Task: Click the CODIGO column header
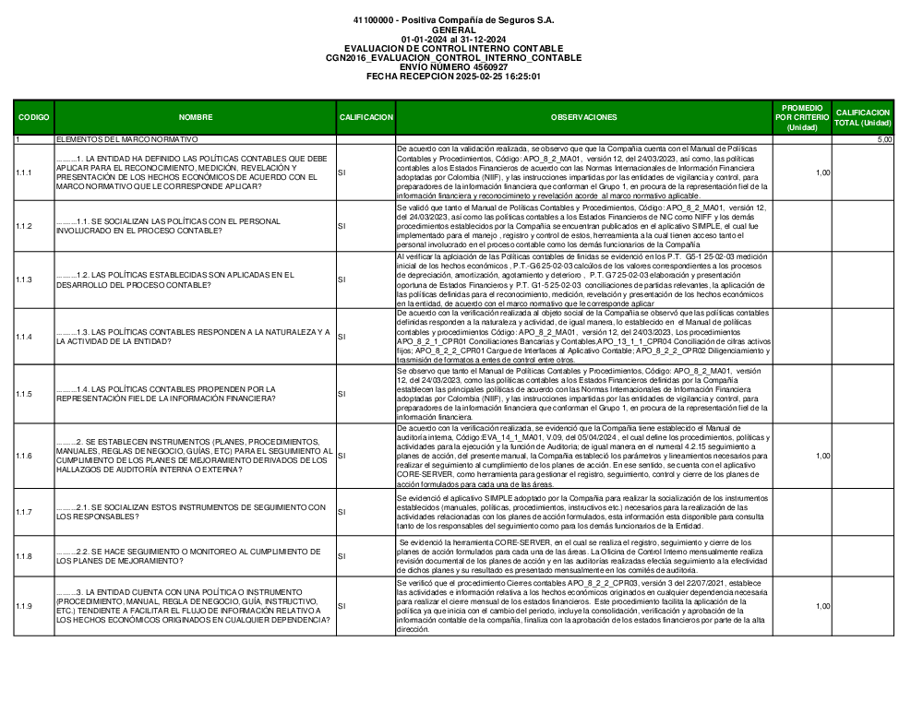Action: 33,118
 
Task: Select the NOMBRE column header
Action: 196,118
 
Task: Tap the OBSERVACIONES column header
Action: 583,118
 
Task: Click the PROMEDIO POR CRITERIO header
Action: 801,118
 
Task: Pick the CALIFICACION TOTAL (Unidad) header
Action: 863,118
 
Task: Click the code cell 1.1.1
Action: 24,172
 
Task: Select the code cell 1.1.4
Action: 24,337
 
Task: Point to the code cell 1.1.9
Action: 24,606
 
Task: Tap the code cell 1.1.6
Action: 24,456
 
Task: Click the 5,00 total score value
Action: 884,139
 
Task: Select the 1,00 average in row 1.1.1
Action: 822,172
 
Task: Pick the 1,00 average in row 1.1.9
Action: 822,606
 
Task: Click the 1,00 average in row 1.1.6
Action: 822,456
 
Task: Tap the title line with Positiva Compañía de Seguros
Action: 453,20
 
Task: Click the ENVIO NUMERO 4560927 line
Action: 453,67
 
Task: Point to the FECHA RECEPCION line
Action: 453,77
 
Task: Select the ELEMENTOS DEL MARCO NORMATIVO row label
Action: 126,139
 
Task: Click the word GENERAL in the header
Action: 453,30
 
